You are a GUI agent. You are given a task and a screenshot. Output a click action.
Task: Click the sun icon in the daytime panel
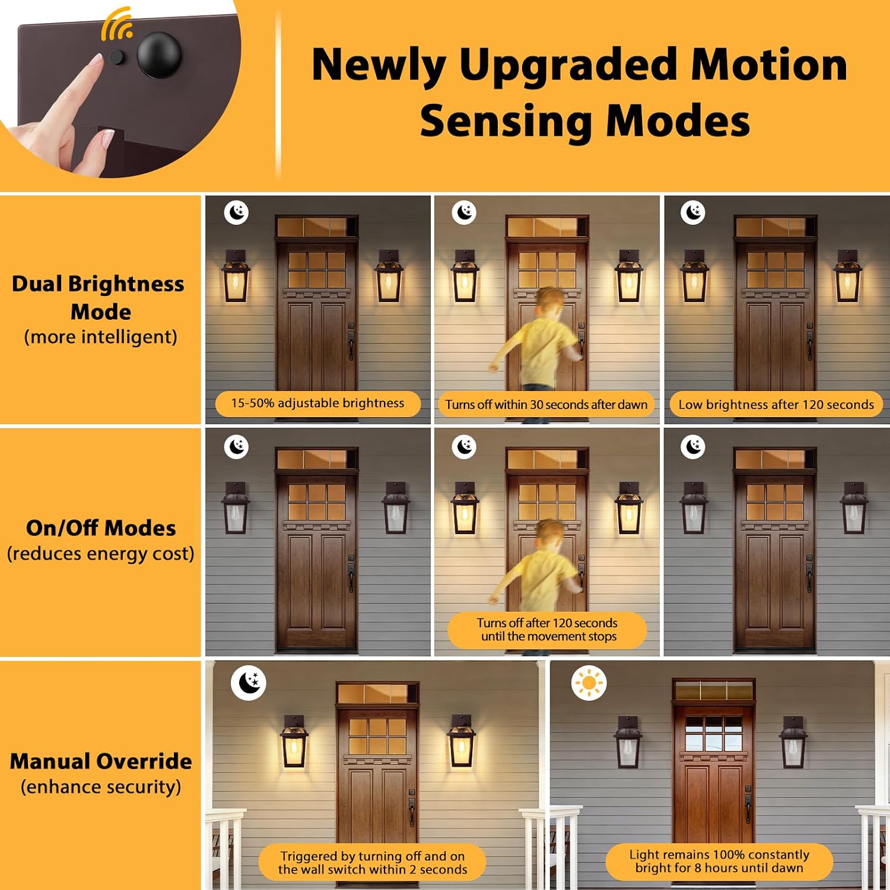pos(589,683)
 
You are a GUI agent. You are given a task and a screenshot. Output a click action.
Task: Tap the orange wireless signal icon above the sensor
pos(116,24)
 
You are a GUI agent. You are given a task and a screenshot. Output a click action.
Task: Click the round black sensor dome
pos(159,55)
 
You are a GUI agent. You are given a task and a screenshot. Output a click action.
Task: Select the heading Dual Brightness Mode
pos(98,297)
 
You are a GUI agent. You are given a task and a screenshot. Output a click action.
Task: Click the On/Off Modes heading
pos(101,527)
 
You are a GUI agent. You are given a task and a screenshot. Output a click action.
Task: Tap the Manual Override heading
pos(101,761)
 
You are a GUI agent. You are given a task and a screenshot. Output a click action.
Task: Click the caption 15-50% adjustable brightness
pos(317,403)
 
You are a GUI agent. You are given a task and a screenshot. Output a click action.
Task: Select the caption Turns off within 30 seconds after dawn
pos(546,405)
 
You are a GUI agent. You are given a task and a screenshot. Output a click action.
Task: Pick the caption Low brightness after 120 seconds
pos(776,405)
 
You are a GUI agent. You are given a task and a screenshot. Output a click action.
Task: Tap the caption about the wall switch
pos(373,863)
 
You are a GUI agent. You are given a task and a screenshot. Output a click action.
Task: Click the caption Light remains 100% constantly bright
pos(719,861)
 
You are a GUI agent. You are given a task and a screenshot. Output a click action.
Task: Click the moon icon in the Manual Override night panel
pos(249,682)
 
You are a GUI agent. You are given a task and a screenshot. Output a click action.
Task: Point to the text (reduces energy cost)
pos(101,554)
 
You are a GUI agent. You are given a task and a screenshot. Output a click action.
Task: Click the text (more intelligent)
pos(101,337)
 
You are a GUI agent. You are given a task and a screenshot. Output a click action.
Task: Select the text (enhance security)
pos(101,787)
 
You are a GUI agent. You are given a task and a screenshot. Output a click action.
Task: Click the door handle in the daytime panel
pos(748,804)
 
